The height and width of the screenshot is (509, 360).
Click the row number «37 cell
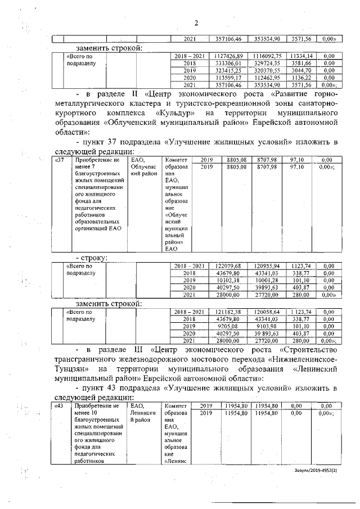[x=58, y=160]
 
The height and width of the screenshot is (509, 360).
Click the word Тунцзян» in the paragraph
[x=73, y=369]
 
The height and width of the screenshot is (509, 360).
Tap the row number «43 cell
[x=58, y=406]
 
